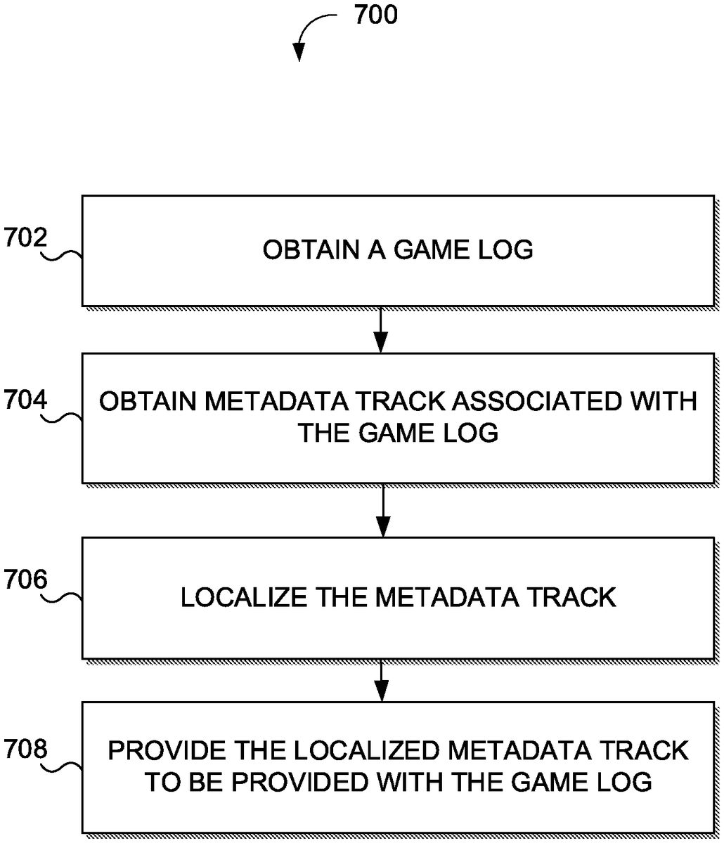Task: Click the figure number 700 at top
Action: [375, 15]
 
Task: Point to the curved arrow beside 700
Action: [313, 32]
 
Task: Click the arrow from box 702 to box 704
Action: [380, 329]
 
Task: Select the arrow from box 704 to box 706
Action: [382, 510]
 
